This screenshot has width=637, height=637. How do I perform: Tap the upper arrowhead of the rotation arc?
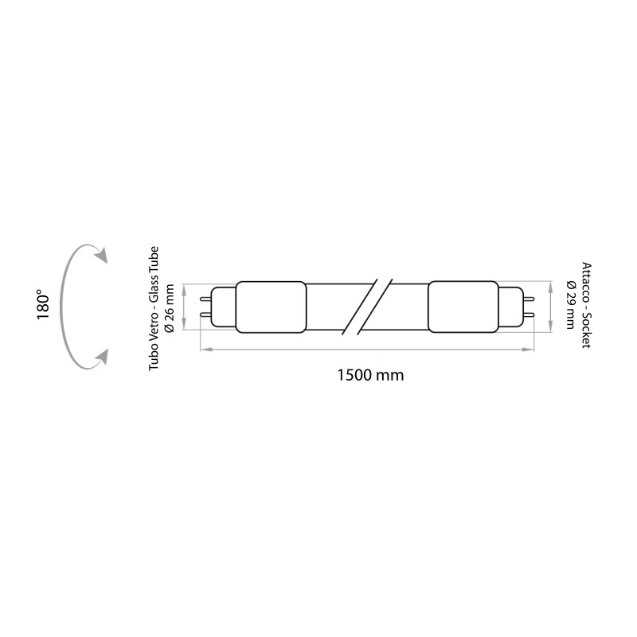click(x=101, y=255)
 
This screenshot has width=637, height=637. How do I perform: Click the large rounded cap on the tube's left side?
click(x=271, y=307)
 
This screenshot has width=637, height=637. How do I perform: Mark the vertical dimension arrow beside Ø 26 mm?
click(x=186, y=307)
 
